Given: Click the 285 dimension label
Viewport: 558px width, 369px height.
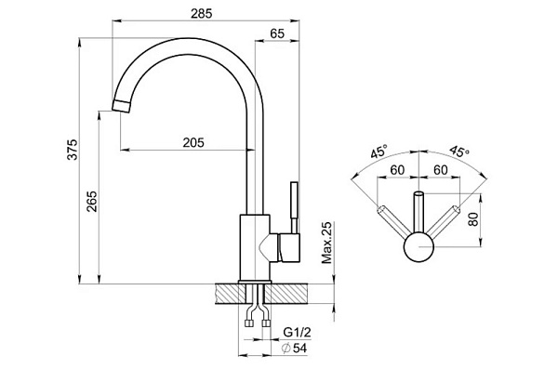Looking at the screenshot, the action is click(201, 14).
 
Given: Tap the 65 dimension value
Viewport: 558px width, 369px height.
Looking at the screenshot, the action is click(277, 33).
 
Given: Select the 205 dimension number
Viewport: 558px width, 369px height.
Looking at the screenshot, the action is click(193, 142).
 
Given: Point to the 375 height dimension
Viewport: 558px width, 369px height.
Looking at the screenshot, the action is click(73, 150).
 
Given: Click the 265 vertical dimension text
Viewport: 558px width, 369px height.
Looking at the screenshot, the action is click(92, 202).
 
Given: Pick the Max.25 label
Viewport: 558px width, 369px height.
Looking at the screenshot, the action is click(326, 243).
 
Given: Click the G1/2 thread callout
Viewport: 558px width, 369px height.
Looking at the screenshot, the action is click(298, 333).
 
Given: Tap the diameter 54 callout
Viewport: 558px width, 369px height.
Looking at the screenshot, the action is click(294, 349).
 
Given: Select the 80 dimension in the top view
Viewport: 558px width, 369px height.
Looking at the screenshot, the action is click(473, 219).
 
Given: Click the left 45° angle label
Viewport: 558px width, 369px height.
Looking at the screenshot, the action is click(379, 152).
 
